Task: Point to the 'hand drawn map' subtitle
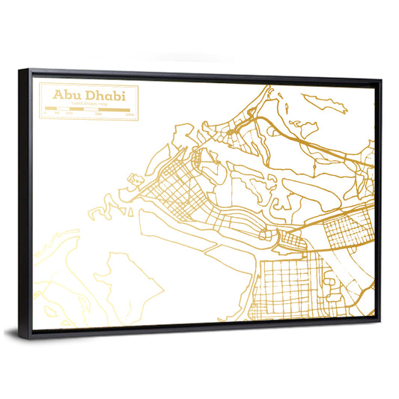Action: click(x=89, y=105)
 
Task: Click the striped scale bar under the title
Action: click(x=89, y=110)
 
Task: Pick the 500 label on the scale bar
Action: click(x=99, y=115)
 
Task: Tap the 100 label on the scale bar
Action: click(x=69, y=115)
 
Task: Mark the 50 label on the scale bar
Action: click(x=56, y=115)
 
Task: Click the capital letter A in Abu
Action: click(x=57, y=96)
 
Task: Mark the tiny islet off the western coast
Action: click(x=135, y=180)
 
